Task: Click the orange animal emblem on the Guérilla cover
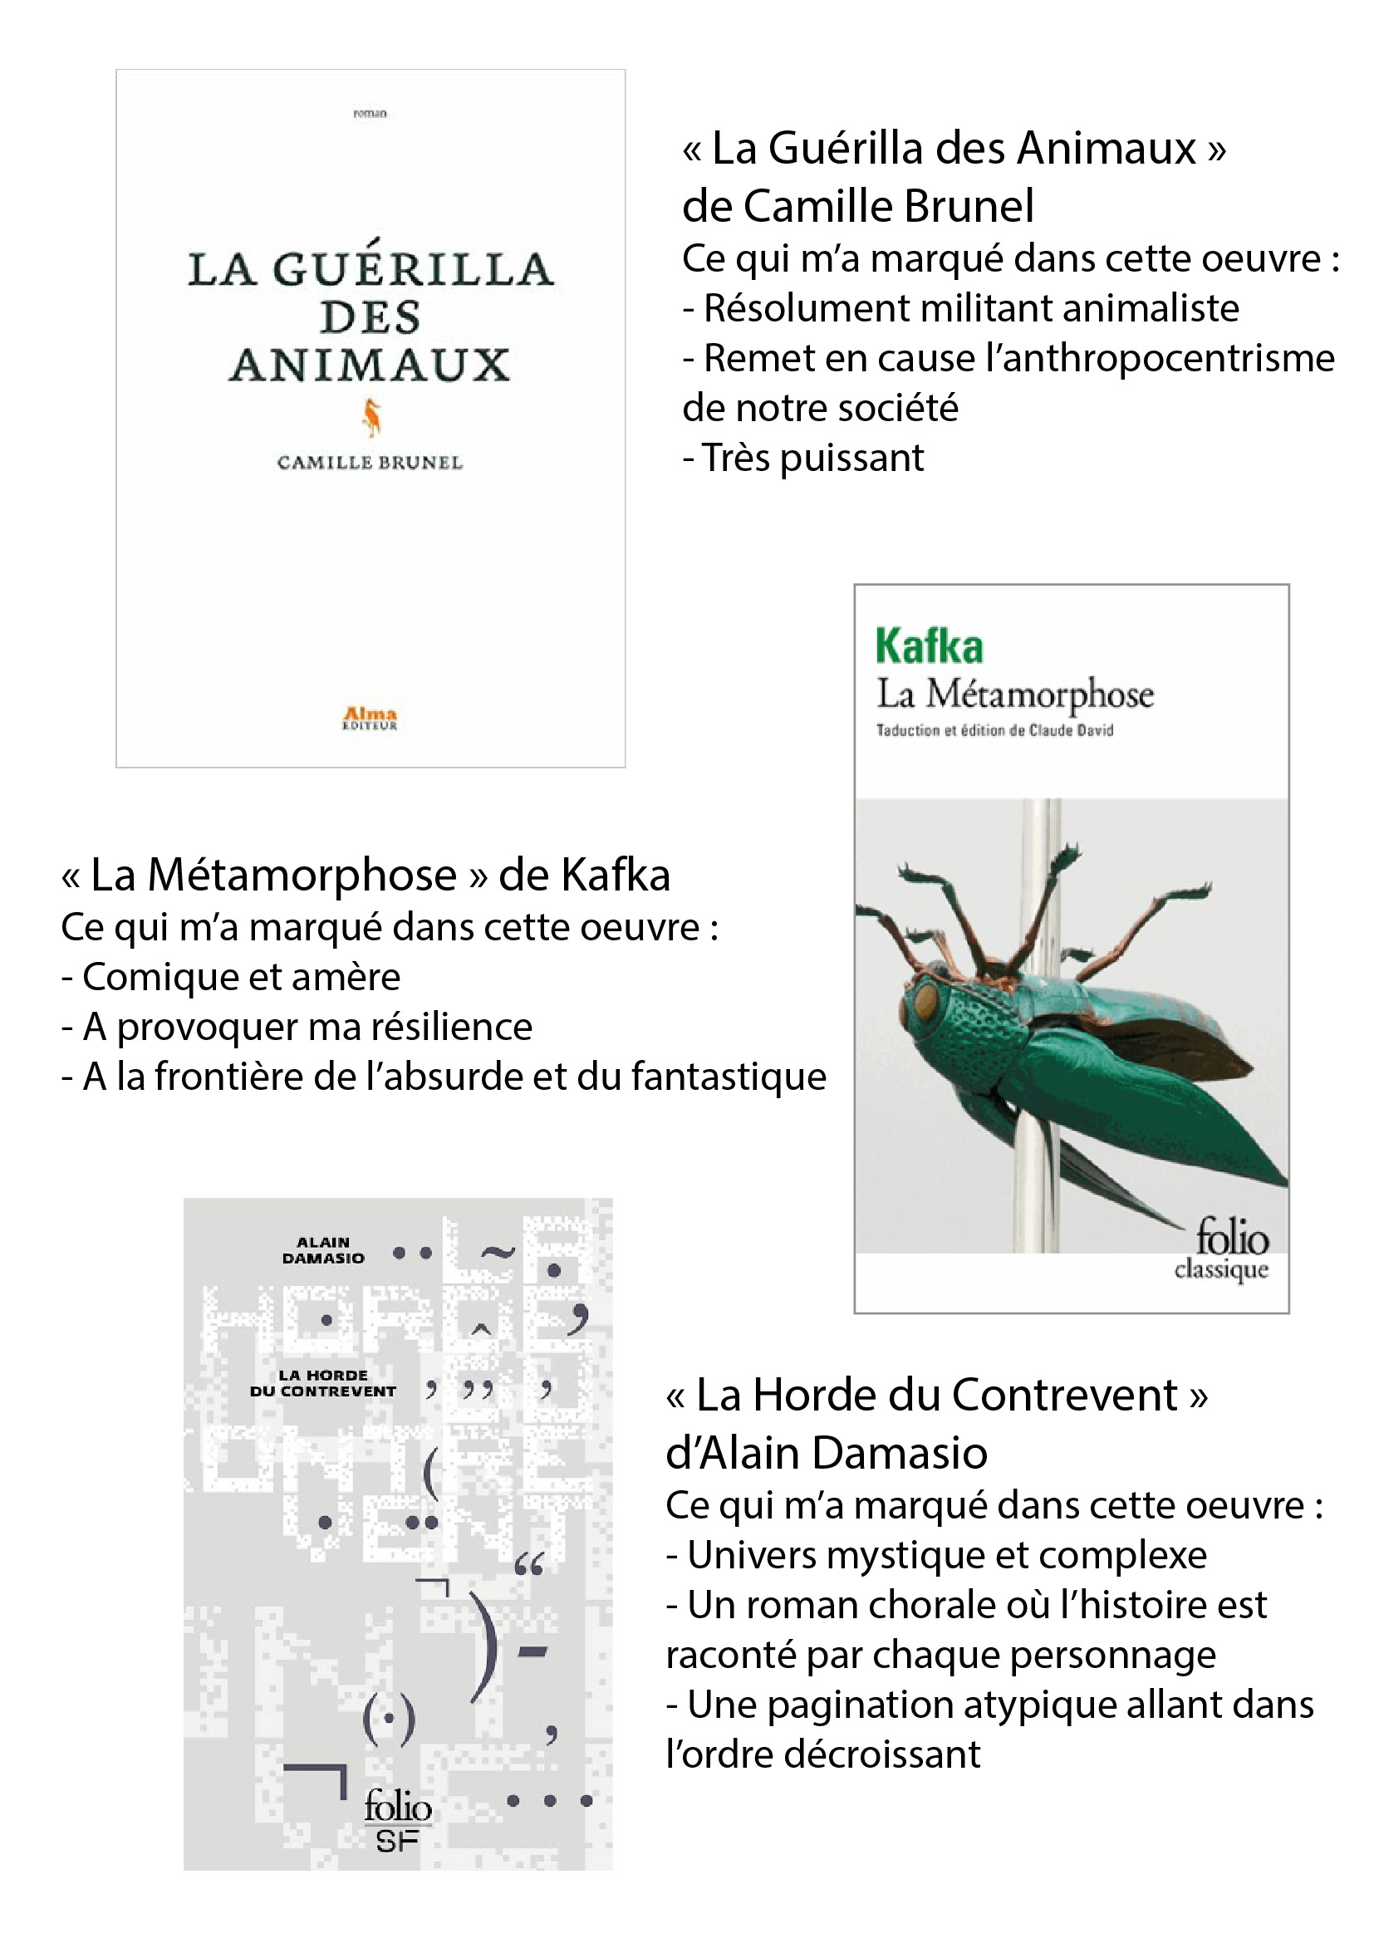(x=371, y=418)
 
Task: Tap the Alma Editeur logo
(x=370, y=718)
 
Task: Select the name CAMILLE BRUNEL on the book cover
(x=370, y=463)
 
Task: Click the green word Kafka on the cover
(x=929, y=647)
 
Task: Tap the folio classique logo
(x=1225, y=1251)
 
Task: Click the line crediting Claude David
(x=994, y=730)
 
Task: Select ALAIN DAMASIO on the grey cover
(x=323, y=1250)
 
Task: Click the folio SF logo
(x=397, y=1820)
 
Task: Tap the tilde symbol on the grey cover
(x=498, y=1253)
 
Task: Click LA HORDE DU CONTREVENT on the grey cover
(x=323, y=1383)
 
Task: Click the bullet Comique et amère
(x=231, y=978)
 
